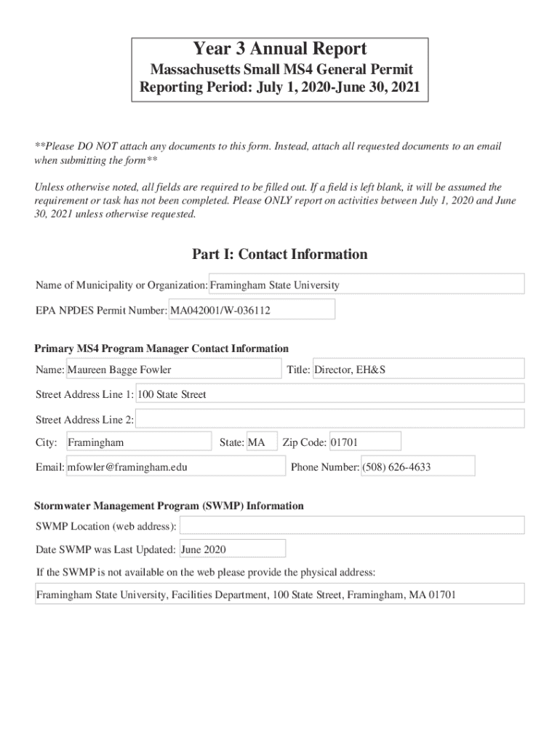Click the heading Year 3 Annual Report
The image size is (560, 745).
point(280,49)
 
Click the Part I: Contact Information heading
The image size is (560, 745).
point(280,254)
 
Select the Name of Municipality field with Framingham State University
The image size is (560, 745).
point(367,285)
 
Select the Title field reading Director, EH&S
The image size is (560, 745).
point(417,370)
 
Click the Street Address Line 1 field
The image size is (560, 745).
point(329,394)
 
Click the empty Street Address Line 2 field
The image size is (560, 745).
point(329,420)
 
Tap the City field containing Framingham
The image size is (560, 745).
point(137,442)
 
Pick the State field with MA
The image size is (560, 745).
point(261,442)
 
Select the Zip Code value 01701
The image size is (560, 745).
point(364,442)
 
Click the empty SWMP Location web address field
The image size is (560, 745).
point(351,526)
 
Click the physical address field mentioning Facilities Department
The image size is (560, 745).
point(280,594)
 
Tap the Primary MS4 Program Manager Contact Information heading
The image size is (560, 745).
point(161,348)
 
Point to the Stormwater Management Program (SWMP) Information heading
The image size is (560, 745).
point(169,506)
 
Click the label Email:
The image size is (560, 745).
point(49,467)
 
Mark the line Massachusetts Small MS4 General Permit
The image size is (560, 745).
point(281,70)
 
